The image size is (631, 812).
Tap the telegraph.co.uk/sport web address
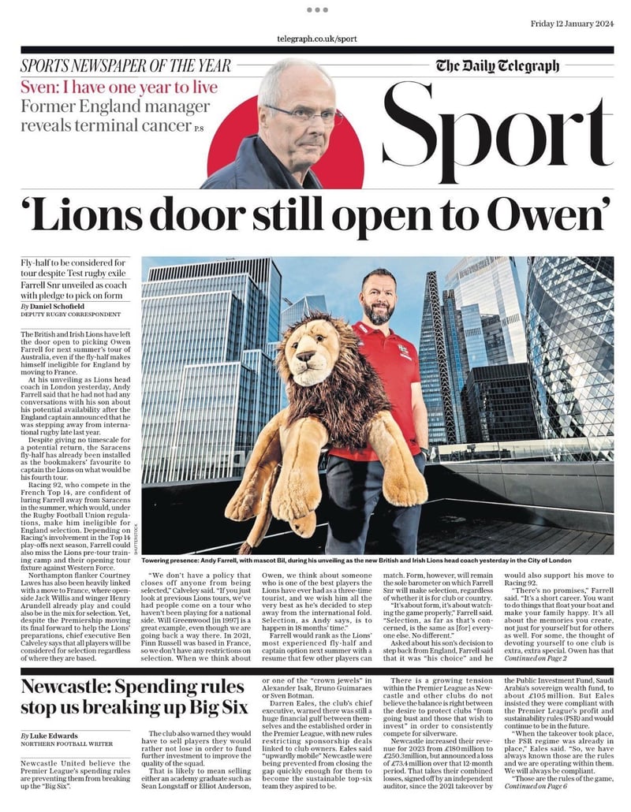coord(317,39)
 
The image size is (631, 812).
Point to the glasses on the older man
coord(304,114)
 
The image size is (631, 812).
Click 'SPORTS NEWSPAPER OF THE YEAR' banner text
coord(126,66)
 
